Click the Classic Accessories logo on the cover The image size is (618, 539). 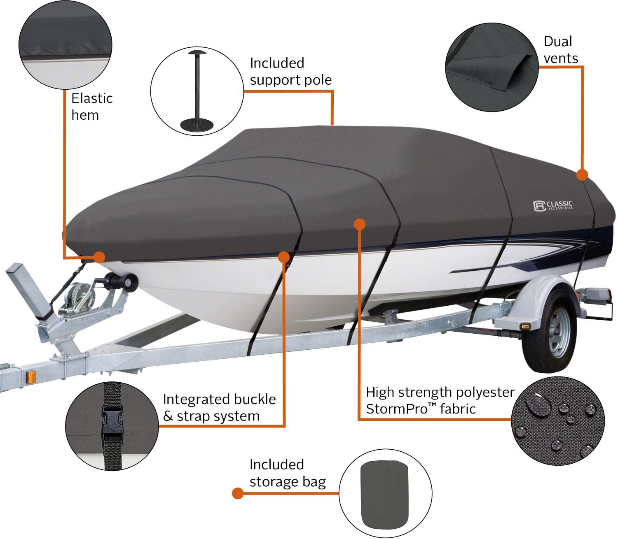pos(552,205)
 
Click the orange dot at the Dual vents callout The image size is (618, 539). pos(582,175)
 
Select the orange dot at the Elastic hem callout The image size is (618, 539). pos(99,258)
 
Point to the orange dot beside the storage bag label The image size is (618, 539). pos(238,493)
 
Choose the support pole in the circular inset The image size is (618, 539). pos(197,91)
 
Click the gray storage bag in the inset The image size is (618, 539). pos(384,494)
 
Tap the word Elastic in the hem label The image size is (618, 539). pos(92,98)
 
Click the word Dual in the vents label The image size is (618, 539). pos(558,42)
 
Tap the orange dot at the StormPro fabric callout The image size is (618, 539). pos(360,224)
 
